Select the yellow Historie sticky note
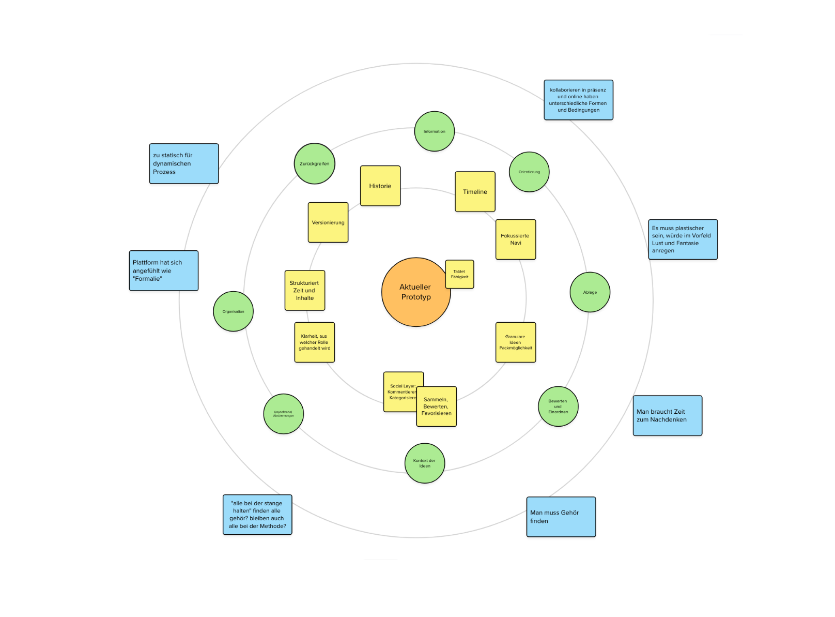(380, 186)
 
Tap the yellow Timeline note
(475, 192)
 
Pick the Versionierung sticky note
(328, 222)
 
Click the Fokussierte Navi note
(516, 239)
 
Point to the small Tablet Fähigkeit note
(459, 274)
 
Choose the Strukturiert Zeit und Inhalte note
(305, 291)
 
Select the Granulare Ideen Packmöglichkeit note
(516, 342)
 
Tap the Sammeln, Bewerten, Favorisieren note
(437, 407)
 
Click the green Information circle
(435, 131)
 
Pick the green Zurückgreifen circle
(315, 163)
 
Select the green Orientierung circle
(529, 172)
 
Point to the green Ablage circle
(590, 292)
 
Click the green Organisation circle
(234, 311)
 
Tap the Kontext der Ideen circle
(425, 463)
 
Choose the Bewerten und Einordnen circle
(558, 407)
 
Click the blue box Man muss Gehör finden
(561, 517)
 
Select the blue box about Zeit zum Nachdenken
(668, 416)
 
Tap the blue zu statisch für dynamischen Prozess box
(184, 163)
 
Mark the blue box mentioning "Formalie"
(164, 270)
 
